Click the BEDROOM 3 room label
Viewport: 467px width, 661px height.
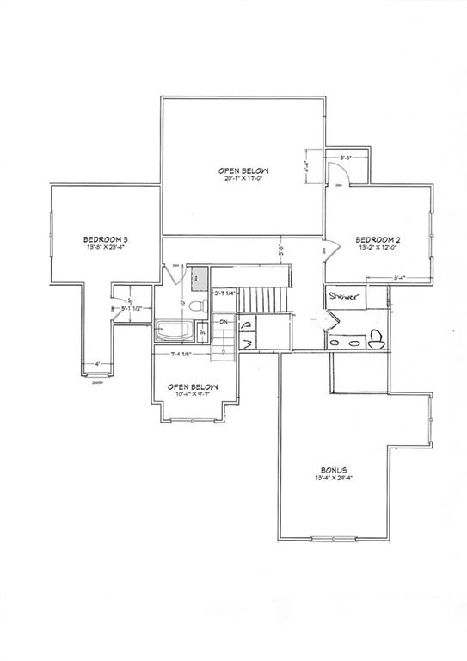(x=106, y=238)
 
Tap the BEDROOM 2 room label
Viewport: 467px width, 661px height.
(x=378, y=238)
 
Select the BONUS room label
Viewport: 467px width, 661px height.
(x=330, y=471)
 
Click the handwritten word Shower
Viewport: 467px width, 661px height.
(x=345, y=298)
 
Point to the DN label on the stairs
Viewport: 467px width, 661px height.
(x=224, y=322)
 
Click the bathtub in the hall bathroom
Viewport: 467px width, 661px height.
(x=176, y=330)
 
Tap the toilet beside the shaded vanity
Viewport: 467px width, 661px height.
(x=196, y=306)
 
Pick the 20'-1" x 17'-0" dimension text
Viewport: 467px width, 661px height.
(x=243, y=180)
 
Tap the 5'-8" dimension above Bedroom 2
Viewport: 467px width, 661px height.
(x=347, y=158)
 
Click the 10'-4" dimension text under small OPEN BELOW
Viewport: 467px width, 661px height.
(x=192, y=395)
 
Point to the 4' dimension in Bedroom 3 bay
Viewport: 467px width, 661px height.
(x=97, y=364)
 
